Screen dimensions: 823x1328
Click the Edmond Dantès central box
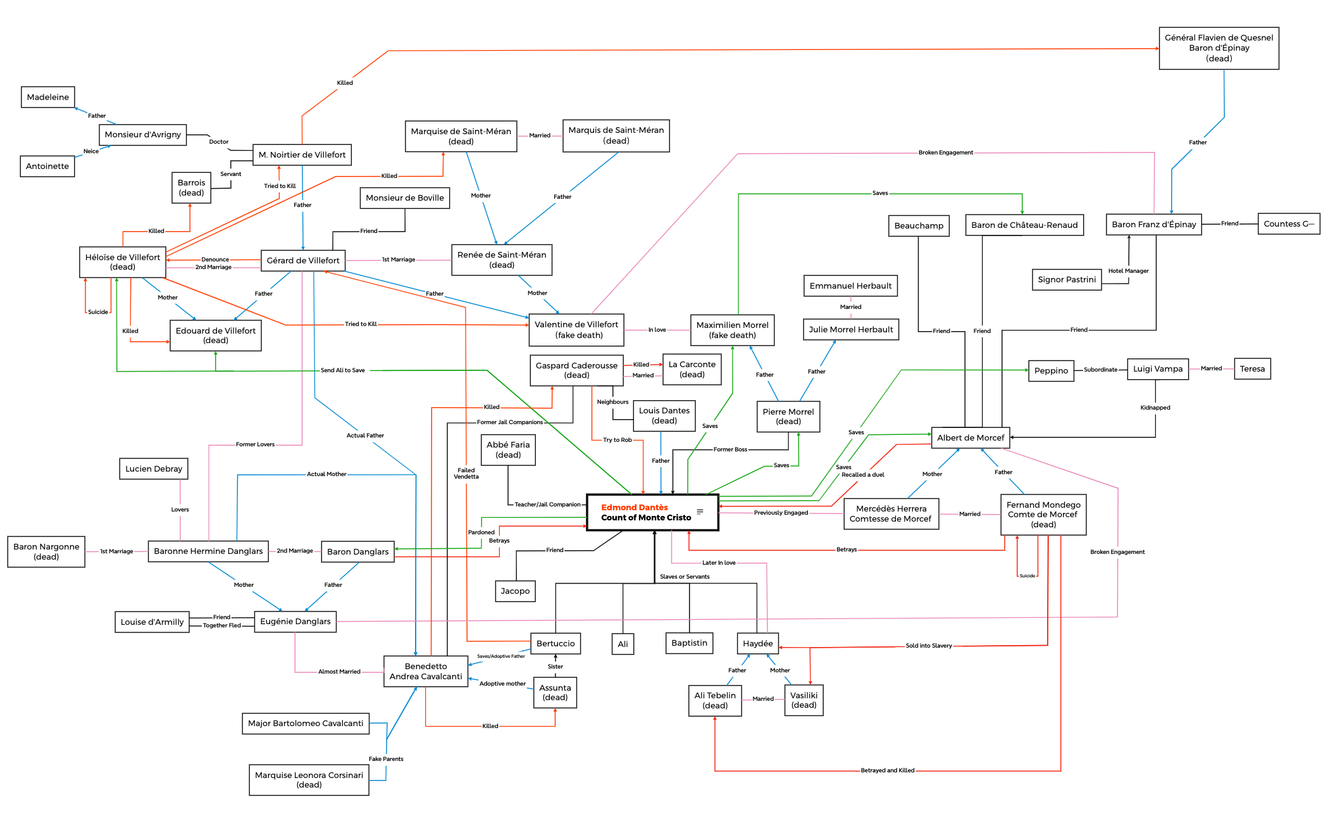tap(652, 512)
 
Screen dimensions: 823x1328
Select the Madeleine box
tap(48, 97)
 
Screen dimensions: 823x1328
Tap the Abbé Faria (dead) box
tap(508, 449)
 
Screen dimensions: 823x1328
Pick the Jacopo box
tap(515, 591)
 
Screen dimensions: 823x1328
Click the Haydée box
tap(757, 644)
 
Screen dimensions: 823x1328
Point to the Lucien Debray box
tap(154, 469)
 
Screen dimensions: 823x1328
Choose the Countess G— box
tap(1288, 224)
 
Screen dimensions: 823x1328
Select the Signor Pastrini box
tap(1067, 280)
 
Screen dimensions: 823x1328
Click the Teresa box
tap(1251, 369)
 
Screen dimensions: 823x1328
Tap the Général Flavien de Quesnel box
tap(1219, 48)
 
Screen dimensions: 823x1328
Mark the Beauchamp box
tap(919, 226)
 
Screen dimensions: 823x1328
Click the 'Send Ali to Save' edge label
tap(342, 370)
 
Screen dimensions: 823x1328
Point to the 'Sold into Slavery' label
tap(928, 646)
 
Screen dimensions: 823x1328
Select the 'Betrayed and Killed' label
tap(887, 770)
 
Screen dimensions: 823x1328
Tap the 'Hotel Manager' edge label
tap(1128, 271)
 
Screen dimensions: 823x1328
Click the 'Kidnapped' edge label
tap(1155, 408)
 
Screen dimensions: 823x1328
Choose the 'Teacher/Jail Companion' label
tap(547, 505)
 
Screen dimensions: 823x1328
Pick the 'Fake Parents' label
tap(386, 759)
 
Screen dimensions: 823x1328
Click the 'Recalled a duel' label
tap(862, 475)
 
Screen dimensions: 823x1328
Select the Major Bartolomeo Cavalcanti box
tap(306, 724)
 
